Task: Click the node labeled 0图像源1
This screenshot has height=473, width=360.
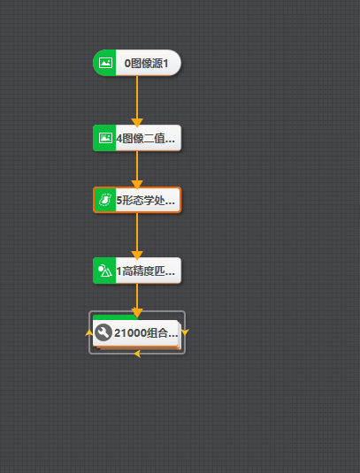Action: [x=137, y=63]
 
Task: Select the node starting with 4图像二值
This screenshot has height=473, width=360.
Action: [x=137, y=138]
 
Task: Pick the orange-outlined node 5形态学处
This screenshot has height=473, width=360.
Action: [x=137, y=200]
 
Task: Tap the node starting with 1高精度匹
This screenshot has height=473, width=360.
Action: [x=137, y=271]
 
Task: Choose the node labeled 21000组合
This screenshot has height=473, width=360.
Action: [x=137, y=332]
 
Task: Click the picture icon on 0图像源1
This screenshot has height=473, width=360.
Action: [x=105, y=63]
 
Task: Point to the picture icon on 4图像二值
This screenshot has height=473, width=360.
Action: [x=105, y=138]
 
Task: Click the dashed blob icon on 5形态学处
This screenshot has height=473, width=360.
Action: [x=105, y=200]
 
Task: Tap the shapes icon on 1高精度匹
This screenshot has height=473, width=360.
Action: [x=105, y=271]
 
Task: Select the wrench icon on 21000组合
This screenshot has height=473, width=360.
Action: [x=103, y=332]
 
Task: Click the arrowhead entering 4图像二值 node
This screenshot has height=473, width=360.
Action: [x=137, y=123]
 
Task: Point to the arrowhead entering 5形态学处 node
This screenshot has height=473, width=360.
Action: [x=137, y=184]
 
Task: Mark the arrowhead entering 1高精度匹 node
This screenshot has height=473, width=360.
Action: [x=137, y=256]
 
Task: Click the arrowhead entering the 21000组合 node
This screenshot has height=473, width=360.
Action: [x=137, y=313]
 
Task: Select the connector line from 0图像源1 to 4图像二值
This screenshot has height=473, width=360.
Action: [x=137, y=97]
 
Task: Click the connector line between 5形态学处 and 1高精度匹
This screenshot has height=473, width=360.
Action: [x=137, y=233]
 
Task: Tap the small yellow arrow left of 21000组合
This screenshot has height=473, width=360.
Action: [x=89, y=332]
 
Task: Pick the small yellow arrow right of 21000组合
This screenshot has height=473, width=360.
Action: [x=185, y=332]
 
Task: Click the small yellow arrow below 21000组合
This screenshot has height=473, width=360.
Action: [x=138, y=354]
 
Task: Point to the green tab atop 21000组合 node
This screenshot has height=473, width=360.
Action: [x=115, y=317]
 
